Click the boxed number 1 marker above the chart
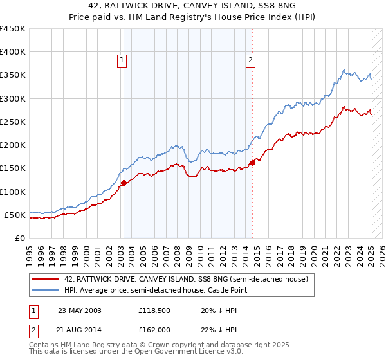point(122,60)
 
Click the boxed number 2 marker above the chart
point(250,60)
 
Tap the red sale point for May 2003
point(124,183)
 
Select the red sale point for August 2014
point(252,163)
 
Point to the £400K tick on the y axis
point(13,52)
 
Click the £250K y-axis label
point(13,122)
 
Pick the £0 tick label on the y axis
point(19,238)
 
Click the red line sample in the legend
point(46,279)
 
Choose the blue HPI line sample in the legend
point(46,291)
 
